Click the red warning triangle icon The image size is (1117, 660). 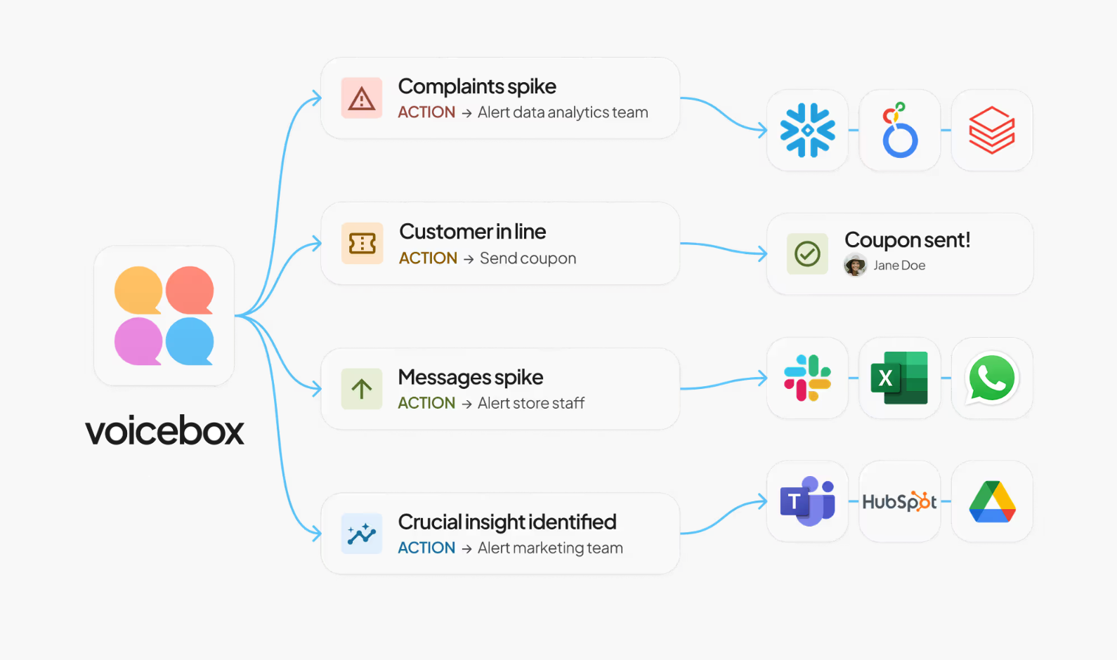click(362, 98)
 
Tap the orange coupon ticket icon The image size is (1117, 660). click(362, 244)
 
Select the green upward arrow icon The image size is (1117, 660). click(362, 389)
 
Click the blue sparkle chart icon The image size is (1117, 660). click(362, 534)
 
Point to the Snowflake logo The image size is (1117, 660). click(808, 130)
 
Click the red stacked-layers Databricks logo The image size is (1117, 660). click(992, 130)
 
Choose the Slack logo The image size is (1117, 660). click(808, 378)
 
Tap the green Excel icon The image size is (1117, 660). click(899, 378)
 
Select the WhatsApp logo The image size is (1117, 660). click(991, 378)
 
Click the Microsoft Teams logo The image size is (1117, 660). click(807, 501)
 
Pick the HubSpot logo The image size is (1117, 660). click(899, 501)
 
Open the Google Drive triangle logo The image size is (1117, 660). click(992, 501)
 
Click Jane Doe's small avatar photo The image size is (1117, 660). click(855, 265)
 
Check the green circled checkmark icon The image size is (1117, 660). click(807, 253)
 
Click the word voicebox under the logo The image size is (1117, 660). click(164, 430)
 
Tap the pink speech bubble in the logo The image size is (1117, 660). click(138, 341)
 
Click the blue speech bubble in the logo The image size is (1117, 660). click(190, 341)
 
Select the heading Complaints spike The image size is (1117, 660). click(477, 86)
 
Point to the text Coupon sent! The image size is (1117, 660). click(907, 240)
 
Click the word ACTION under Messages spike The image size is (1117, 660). click(426, 403)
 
